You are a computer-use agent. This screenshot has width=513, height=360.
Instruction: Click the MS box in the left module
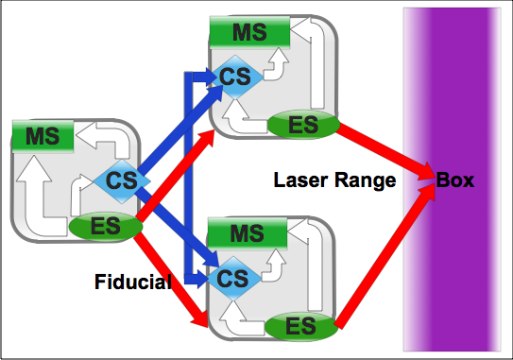(x=43, y=136)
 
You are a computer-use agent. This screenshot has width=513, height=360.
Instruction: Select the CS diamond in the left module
(x=122, y=181)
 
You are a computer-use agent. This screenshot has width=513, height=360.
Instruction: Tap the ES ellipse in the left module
(x=106, y=227)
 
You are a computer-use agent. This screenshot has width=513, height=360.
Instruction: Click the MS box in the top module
(x=249, y=32)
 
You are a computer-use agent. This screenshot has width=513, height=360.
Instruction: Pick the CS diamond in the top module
(x=235, y=77)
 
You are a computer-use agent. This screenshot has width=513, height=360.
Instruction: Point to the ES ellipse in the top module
(x=303, y=125)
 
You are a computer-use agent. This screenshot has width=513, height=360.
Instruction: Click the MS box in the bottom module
(x=248, y=233)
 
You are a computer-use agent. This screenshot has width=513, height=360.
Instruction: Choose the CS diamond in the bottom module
(x=233, y=279)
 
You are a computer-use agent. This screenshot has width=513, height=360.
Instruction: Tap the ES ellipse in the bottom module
(x=301, y=326)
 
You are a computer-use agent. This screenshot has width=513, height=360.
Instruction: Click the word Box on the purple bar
(x=455, y=180)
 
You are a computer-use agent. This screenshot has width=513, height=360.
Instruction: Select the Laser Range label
(x=334, y=180)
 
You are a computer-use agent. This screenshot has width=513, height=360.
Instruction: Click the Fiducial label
(x=133, y=282)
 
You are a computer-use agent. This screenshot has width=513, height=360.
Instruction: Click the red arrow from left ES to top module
(x=175, y=176)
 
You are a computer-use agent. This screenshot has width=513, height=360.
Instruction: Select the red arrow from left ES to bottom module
(x=171, y=278)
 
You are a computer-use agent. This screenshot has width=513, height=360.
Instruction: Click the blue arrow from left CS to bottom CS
(x=178, y=227)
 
